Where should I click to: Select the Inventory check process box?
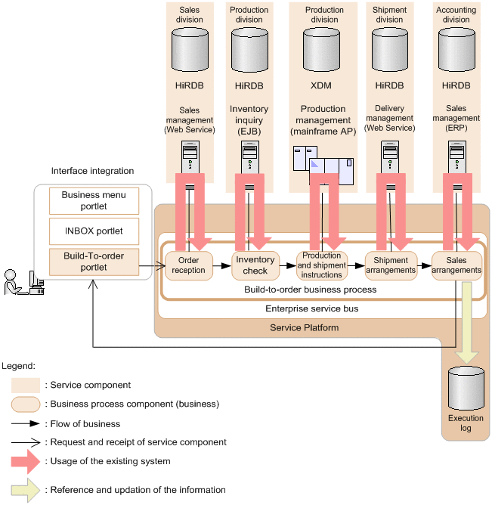(255, 265)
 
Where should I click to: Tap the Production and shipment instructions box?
(322, 265)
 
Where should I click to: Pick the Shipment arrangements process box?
(390, 265)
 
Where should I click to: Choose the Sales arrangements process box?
(456, 265)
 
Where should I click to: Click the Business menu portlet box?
(94, 200)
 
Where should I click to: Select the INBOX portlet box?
(94, 231)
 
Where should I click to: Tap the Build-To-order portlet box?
(94, 262)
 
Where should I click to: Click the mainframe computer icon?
(324, 166)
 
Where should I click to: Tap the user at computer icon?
(20, 282)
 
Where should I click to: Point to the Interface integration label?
(92, 172)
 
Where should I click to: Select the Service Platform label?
(304, 327)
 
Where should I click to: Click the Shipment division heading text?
(390, 14)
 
